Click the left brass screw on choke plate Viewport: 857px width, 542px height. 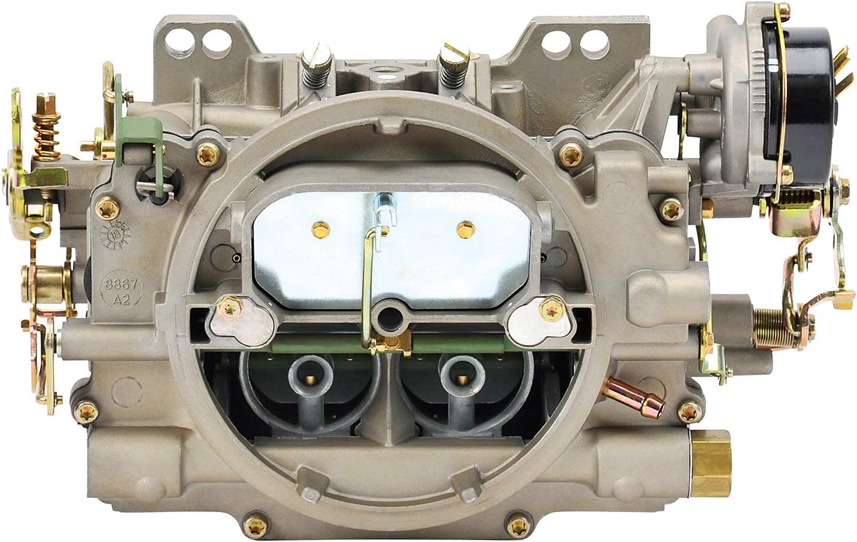click(x=318, y=227)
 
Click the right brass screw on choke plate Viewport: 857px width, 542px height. click(x=461, y=227)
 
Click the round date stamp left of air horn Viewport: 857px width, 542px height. click(x=116, y=235)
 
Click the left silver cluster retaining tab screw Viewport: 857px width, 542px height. click(x=230, y=309)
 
